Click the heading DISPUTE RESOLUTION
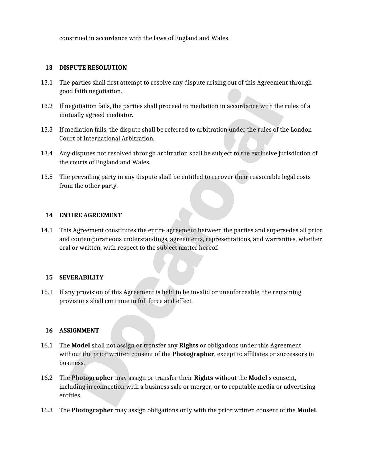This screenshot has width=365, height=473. pos(93,68)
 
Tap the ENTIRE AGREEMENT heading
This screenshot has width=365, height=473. pos(90,215)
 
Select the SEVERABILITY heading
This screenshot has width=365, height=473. pos(81,277)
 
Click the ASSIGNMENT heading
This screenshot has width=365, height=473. pos(79,331)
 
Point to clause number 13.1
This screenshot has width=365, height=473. pos(47,83)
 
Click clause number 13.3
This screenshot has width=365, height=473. pos(47,130)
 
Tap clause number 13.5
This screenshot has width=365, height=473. pos(47,177)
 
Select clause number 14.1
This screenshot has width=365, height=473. pos(47,230)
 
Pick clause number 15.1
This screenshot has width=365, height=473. pos(47,292)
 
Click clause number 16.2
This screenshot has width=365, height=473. pos(47,378)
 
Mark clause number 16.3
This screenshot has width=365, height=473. pos(47,410)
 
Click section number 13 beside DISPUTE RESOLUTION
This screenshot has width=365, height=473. pos(49,68)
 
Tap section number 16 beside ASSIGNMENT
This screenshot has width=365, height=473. pos(49,331)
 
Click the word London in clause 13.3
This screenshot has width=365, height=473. pos(301,130)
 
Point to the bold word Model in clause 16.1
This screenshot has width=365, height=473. pos(80,345)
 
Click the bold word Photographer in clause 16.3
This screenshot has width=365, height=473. pos(92,410)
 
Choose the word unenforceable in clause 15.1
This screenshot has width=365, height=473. pos(240,292)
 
